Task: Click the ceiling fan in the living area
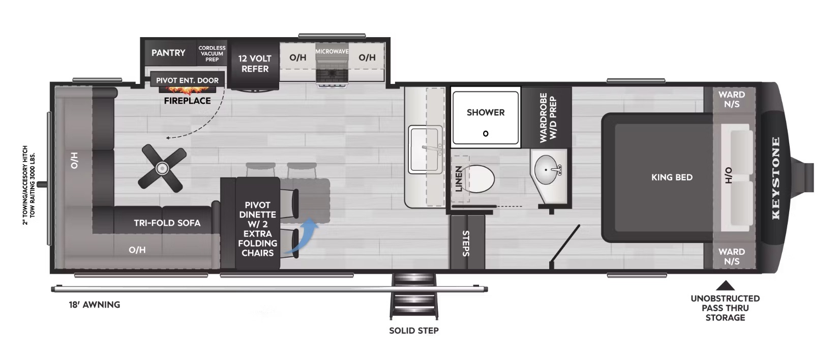pos(162,169)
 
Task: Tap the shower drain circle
pos(486,133)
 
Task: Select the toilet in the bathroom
pos(480,178)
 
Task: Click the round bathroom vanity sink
pos(546,170)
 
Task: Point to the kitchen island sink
pos(426,149)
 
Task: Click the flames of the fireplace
pos(187,89)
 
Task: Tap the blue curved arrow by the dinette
pos(302,236)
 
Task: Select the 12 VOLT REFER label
pos(255,64)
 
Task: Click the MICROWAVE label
pos(332,51)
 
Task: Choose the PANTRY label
pos(168,53)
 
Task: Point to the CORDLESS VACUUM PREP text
pos(212,53)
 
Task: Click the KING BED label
pos(672,177)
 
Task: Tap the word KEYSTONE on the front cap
pos(775,178)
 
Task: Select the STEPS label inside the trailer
pos(466,244)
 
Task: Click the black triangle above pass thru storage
pos(725,286)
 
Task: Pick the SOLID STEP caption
pos(413,331)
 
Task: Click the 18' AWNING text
pos(95,305)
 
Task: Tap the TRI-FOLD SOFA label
pos(167,223)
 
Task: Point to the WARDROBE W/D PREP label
pos(548,117)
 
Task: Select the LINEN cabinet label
pos(459,178)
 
